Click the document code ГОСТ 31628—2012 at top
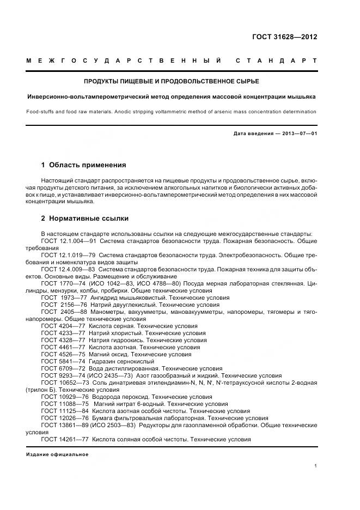(x=284, y=37)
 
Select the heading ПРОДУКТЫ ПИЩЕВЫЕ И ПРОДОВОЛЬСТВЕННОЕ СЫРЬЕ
(x=171, y=81)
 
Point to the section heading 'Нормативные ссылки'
(x=89, y=218)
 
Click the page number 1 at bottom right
(x=315, y=466)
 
